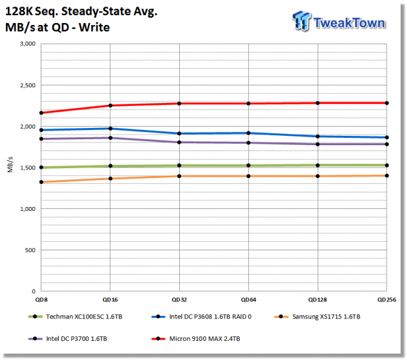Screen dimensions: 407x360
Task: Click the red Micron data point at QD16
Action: click(110, 106)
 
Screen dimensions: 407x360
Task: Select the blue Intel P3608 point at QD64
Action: click(248, 133)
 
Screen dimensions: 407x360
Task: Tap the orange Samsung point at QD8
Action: click(41, 182)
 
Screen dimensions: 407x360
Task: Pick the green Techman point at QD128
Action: click(318, 166)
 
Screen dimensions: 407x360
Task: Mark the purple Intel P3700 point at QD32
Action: click(179, 143)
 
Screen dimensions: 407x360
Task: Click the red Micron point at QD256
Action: click(387, 103)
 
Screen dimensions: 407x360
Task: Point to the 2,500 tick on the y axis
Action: click(28, 85)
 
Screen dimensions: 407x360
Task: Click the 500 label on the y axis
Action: click(30, 250)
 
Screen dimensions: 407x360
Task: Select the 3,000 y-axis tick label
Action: click(28, 44)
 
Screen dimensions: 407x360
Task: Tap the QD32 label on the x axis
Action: click(179, 300)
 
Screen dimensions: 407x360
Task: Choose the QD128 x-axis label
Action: click(318, 300)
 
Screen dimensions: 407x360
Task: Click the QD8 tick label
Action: click(41, 300)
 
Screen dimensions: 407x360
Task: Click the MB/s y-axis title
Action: click(10, 165)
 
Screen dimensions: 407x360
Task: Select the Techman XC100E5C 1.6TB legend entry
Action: click(75, 317)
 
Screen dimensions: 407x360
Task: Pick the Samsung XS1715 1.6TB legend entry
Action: click(317, 317)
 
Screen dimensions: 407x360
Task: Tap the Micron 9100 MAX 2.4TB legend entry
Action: click(196, 339)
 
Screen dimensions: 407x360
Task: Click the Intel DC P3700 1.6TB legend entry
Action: click(68, 339)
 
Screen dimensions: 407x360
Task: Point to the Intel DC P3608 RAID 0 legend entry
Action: click(202, 317)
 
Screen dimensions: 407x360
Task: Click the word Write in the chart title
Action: click(95, 28)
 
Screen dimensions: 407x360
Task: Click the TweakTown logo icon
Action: click(301, 20)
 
